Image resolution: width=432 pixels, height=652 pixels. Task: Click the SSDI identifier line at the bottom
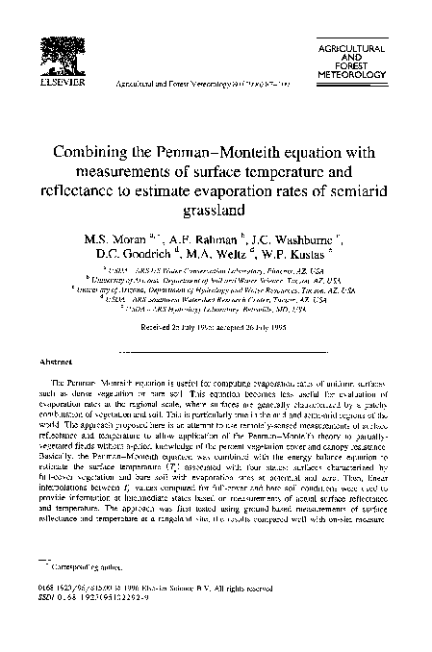(x=119, y=596)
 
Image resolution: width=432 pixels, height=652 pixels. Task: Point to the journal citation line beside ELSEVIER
(x=193, y=86)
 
